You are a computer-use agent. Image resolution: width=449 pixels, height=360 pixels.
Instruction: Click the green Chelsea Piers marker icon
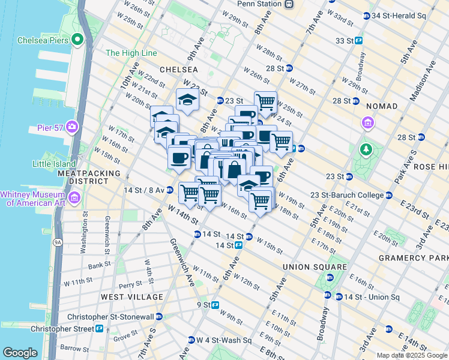pos(77,40)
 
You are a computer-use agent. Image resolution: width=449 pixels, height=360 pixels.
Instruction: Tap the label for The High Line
pos(131,53)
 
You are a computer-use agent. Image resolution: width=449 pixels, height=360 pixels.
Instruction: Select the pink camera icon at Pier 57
pos(72,127)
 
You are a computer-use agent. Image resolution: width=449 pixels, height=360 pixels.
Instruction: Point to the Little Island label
pos(55,164)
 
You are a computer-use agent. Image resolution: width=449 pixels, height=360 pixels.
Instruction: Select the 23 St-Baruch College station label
pos(355,195)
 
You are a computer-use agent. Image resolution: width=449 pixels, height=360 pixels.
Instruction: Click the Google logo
pos(20,353)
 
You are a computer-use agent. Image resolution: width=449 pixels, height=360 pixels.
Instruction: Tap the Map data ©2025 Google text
pos(411,355)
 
